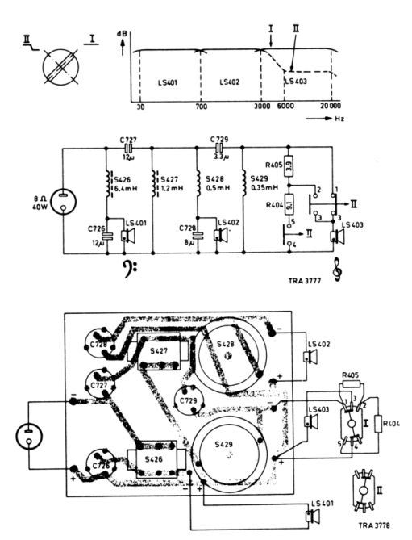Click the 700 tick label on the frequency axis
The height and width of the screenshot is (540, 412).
[201, 108]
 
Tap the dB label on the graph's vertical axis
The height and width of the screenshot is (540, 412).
[122, 35]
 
